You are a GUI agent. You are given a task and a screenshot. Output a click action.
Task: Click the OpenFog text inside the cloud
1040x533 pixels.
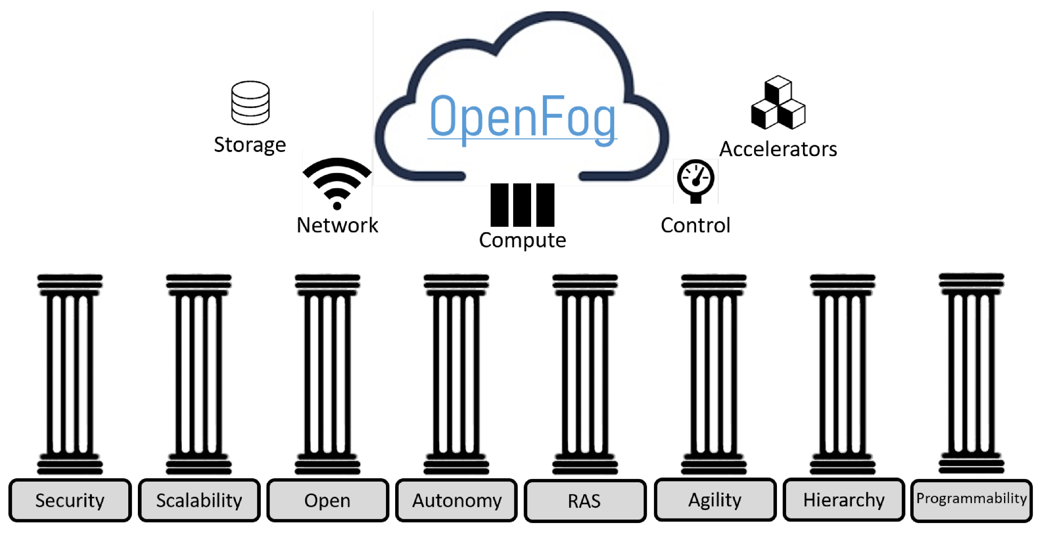click(x=522, y=117)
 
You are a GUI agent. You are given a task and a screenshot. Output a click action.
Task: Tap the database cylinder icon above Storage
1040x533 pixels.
click(x=250, y=103)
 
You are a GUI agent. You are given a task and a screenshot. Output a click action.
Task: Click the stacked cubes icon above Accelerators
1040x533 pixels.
click(x=778, y=103)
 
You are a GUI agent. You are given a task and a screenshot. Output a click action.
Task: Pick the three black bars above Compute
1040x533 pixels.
click(x=522, y=205)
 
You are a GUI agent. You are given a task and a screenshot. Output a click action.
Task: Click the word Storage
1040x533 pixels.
click(x=250, y=145)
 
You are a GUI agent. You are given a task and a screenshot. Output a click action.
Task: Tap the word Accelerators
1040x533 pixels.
click(x=778, y=149)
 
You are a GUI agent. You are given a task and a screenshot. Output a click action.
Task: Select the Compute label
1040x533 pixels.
click(x=522, y=240)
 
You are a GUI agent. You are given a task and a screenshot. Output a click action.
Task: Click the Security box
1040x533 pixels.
click(x=70, y=500)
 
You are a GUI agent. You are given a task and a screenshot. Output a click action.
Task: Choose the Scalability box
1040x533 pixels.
click(x=199, y=500)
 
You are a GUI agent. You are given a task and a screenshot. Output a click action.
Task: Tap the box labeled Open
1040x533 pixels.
click(x=327, y=500)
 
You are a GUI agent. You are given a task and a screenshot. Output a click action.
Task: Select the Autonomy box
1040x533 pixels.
click(x=456, y=500)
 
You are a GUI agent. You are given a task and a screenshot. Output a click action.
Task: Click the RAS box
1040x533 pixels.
click(x=585, y=501)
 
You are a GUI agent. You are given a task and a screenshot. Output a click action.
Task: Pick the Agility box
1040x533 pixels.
click(x=715, y=500)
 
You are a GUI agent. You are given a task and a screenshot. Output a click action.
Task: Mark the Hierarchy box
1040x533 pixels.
click(x=844, y=500)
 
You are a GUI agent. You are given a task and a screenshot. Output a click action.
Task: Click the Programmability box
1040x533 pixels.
click(x=971, y=500)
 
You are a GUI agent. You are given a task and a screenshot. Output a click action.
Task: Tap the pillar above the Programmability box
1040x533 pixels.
click(x=971, y=373)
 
